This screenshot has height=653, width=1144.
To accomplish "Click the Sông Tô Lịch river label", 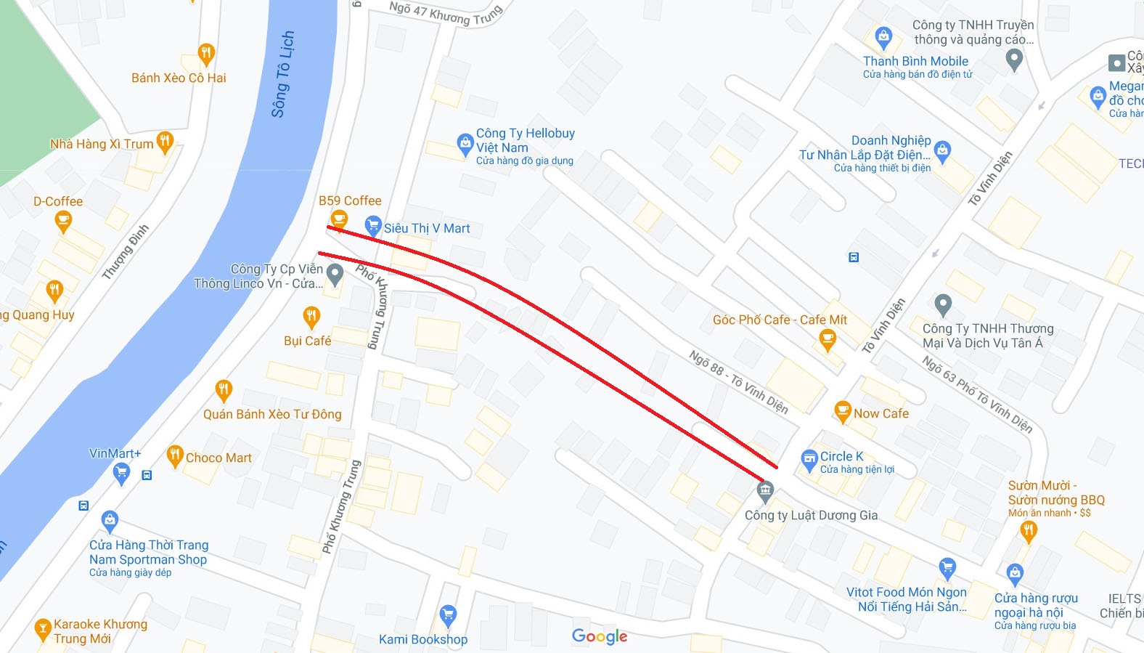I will [x=282, y=74].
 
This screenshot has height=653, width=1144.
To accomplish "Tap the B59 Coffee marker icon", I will [x=338, y=218].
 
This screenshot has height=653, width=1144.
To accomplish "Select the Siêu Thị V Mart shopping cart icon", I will [x=373, y=227].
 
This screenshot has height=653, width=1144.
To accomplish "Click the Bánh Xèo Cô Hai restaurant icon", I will [x=206, y=53].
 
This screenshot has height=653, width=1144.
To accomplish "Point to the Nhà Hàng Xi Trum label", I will [x=102, y=144].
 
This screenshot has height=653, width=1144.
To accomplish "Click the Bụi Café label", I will [x=307, y=341].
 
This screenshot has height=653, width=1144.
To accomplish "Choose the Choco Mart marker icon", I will [x=175, y=456].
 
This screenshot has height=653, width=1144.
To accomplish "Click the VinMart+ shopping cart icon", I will [x=122, y=474].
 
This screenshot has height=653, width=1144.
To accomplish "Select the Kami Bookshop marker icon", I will [x=448, y=615].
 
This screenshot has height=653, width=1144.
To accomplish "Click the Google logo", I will [x=600, y=636].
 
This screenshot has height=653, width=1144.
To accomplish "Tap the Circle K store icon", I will [x=809, y=460].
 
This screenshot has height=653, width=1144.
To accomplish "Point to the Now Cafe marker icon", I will [x=842, y=412].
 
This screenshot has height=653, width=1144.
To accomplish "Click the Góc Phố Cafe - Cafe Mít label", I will [x=780, y=320].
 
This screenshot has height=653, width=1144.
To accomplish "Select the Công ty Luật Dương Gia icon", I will [x=765, y=491].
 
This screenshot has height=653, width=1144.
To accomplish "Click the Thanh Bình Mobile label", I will [x=915, y=61].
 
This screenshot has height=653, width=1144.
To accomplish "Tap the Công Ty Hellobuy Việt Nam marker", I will [x=465, y=143].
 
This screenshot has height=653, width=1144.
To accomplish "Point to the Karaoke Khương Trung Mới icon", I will [x=43, y=629].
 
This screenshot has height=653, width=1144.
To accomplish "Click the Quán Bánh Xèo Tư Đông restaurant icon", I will [x=224, y=390].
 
